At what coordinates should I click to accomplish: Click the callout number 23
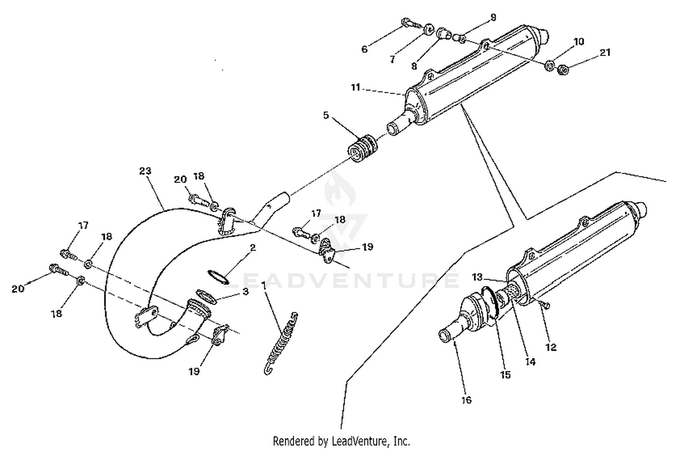click(x=145, y=171)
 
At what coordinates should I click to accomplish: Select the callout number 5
click(x=326, y=115)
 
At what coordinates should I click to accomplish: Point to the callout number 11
click(x=356, y=87)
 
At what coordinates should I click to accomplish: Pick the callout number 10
click(x=579, y=42)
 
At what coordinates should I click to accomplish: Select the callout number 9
click(x=493, y=18)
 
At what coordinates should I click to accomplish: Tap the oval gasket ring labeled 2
click(x=218, y=276)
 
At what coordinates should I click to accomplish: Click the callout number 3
click(x=245, y=291)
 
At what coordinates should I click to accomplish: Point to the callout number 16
click(x=466, y=400)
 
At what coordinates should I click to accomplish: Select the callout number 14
click(x=530, y=362)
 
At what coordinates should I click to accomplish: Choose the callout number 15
click(x=505, y=375)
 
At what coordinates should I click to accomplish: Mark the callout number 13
click(x=477, y=277)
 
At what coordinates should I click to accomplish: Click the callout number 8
click(x=414, y=66)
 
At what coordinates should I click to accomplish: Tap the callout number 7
click(x=392, y=59)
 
